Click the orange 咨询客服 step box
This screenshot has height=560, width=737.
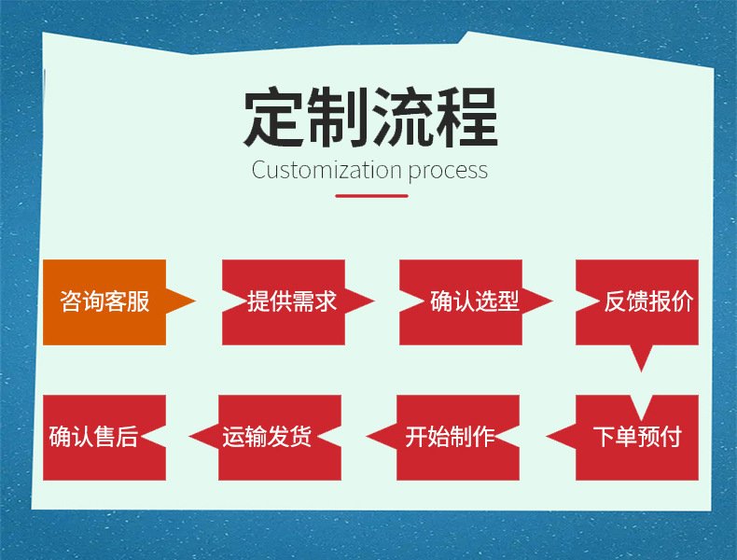104,302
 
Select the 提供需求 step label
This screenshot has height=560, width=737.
292,301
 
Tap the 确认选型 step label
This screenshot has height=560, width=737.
474,301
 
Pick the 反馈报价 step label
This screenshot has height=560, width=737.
648,301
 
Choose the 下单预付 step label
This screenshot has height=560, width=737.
637,437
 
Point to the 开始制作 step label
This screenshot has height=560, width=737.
450,437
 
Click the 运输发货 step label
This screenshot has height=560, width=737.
267,437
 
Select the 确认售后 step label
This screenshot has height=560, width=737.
93,437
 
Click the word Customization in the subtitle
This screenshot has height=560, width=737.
327,170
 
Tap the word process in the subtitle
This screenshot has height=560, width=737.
448,171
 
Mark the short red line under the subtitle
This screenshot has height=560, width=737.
371,196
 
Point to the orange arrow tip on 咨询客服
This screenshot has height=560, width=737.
195,301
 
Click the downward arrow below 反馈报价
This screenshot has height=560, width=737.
641,358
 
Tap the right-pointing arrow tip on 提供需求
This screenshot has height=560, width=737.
373,301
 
